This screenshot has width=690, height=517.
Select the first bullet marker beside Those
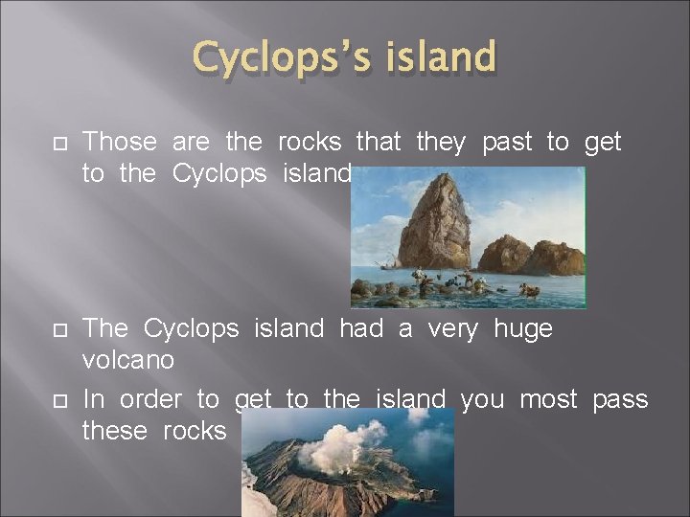(57, 143)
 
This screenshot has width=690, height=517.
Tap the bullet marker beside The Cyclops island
(57, 329)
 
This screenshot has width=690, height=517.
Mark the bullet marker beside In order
(57, 399)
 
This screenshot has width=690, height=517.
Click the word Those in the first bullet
(120, 143)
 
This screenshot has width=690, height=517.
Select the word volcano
(128, 361)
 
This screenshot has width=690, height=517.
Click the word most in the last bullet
(548, 399)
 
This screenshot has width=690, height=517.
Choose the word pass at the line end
(619, 399)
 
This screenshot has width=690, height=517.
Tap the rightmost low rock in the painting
(560, 258)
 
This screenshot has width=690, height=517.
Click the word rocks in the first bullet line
(310, 143)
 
